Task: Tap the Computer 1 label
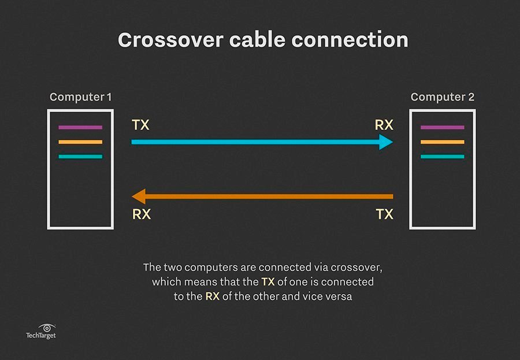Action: click(x=81, y=97)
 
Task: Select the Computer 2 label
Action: click(x=443, y=97)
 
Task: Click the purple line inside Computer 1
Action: click(x=80, y=127)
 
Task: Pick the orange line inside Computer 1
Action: click(x=80, y=142)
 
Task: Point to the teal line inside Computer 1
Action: click(x=80, y=157)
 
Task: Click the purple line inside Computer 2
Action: click(x=442, y=127)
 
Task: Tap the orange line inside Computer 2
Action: click(x=442, y=142)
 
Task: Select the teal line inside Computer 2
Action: click(x=442, y=157)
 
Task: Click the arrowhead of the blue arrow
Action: click(x=386, y=142)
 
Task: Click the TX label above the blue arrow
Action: click(x=140, y=125)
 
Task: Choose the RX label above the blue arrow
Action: click(x=384, y=125)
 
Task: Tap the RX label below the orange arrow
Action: click(x=142, y=214)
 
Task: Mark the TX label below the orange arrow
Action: click(x=384, y=214)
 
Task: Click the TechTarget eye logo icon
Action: click(x=46, y=328)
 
